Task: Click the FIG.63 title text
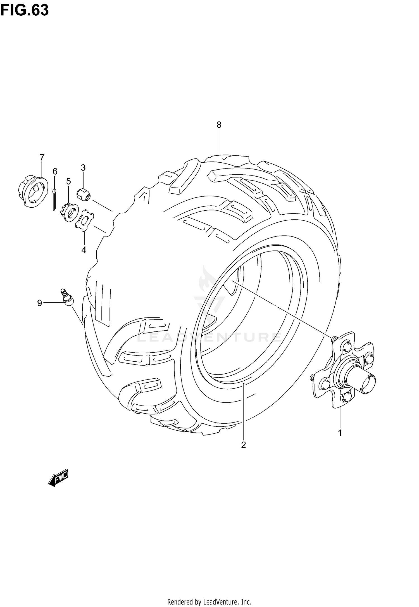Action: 25,10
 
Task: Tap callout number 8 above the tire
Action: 219,125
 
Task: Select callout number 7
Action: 42,158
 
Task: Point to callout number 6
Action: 55,171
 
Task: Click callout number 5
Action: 68,181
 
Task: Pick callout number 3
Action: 83,168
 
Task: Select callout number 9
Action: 40,303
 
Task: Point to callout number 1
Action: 340,433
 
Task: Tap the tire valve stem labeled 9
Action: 67,297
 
